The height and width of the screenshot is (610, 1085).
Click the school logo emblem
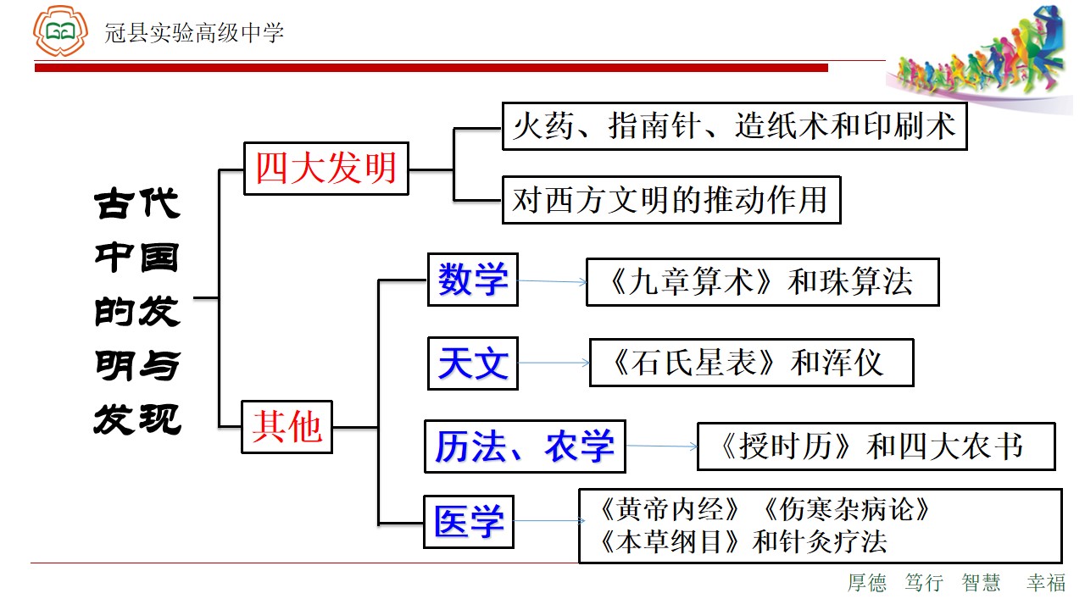pyautogui.click(x=60, y=31)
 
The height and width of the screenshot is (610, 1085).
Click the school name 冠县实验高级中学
pyautogui.click(x=194, y=33)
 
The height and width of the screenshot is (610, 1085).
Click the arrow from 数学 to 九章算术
pyautogui.click(x=552, y=281)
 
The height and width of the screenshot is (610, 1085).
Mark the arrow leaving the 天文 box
pyautogui.click(x=554, y=363)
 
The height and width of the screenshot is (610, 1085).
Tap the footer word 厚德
pyautogui.click(x=867, y=582)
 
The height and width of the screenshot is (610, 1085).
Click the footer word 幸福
pyautogui.click(x=1046, y=582)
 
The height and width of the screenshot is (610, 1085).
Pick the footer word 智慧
pyautogui.click(x=982, y=582)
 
